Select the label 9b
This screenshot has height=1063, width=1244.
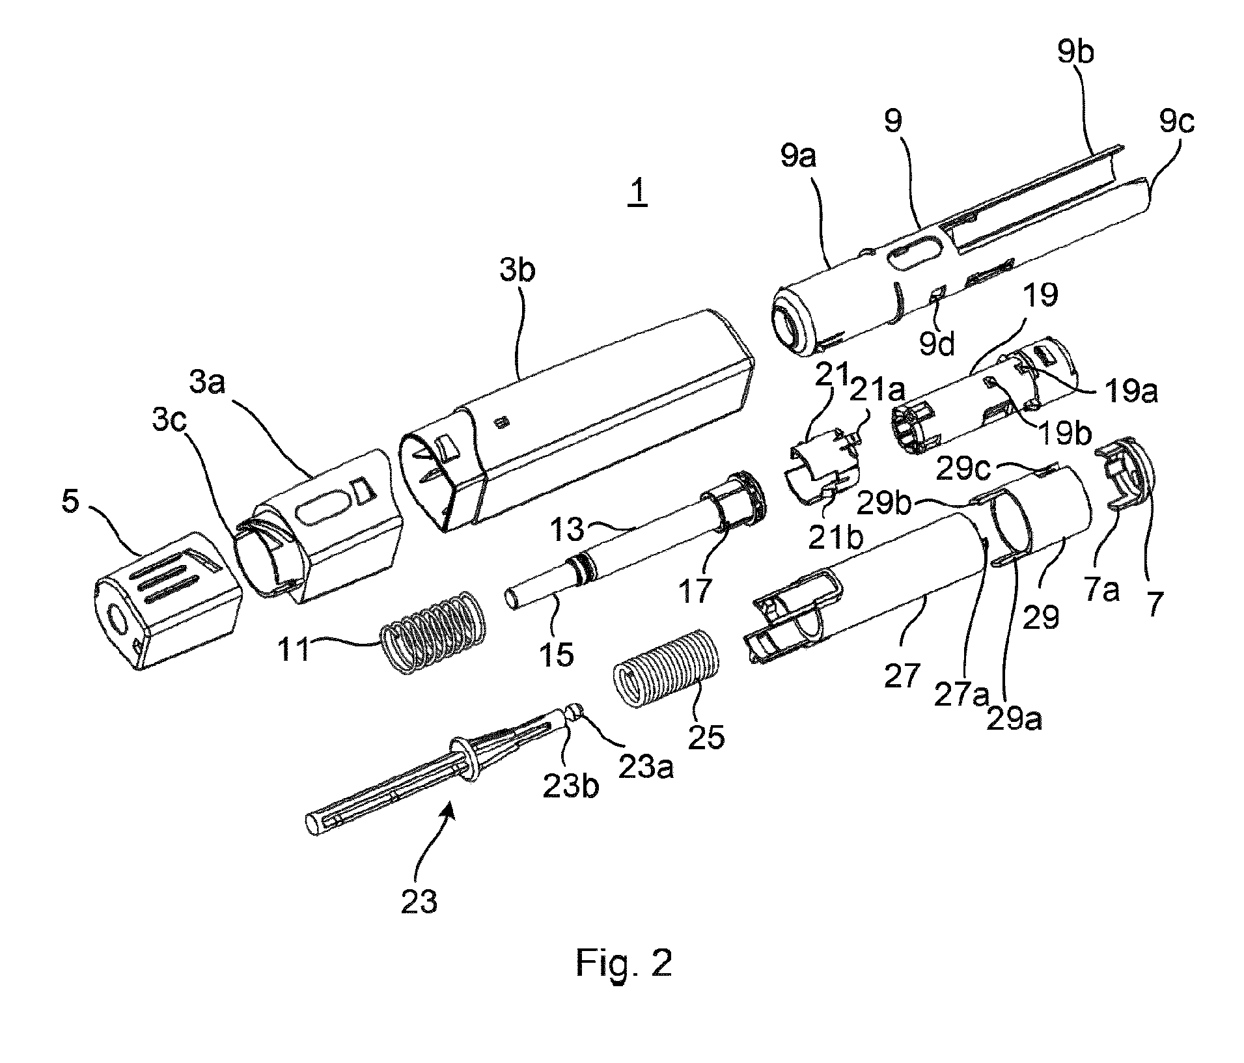pyautogui.click(x=1075, y=51)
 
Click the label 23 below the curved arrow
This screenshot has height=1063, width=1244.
pyautogui.click(x=419, y=902)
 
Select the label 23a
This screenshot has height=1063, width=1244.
pyautogui.click(x=646, y=768)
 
